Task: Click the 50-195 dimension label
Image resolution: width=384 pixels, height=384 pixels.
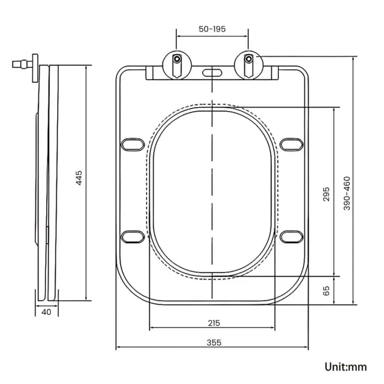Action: point(212,29)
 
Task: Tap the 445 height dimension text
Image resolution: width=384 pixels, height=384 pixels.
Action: point(79,178)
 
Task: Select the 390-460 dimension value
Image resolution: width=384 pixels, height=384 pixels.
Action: point(347,193)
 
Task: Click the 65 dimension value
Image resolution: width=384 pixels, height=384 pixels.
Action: point(327,290)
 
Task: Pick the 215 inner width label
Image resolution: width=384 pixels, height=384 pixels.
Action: point(213,323)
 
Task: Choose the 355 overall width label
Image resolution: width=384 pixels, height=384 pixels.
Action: point(213,343)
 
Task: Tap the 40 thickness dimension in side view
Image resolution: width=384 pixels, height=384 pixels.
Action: point(46,312)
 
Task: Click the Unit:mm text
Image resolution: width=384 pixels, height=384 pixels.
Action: point(346,367)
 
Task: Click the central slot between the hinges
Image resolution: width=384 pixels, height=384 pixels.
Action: point(213,73)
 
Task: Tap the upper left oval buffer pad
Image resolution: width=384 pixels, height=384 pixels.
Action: point(132,144)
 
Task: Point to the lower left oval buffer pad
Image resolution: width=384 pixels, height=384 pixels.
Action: point(132,236)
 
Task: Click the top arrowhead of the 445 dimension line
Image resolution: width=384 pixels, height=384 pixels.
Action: point(87,67)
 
